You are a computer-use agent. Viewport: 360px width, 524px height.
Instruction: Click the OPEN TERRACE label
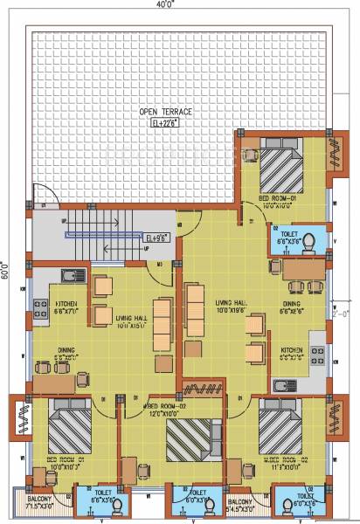(167, 112)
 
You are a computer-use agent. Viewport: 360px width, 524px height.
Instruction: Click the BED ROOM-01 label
(277, 198)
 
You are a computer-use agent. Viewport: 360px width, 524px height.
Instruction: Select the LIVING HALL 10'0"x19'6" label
(232, 307)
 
